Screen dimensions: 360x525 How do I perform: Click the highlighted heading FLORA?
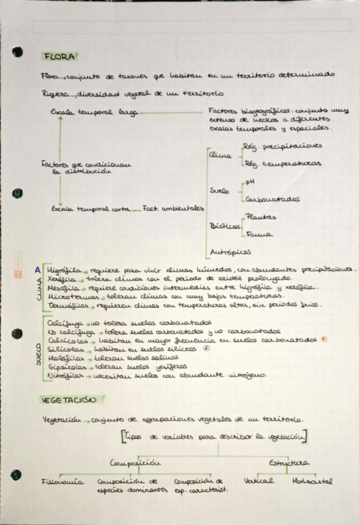(x=59, y=56)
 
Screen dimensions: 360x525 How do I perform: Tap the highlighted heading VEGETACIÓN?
(x=66, y=401)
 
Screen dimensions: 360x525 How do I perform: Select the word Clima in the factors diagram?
(x=220, y=155)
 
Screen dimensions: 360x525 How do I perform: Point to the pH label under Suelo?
(x=250, y=182)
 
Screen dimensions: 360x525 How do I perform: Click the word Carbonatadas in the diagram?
(x=273, y=199)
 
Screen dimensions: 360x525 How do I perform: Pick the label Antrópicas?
(x=230, y=252)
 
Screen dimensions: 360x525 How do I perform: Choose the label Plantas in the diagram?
(x=261, y=217)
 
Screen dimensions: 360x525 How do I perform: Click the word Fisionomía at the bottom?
(x=62, y=480)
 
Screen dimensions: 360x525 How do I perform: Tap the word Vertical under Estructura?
(x=259, y=480)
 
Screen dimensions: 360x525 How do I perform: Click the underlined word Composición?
(x=135, y=462)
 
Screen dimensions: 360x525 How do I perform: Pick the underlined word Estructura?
(x=288, y=462)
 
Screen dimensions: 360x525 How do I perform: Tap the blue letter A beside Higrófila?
(x=38, y=270)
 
